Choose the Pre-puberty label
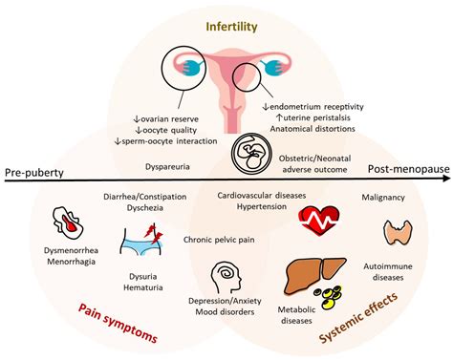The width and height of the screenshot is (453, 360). (x=35, y=171)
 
